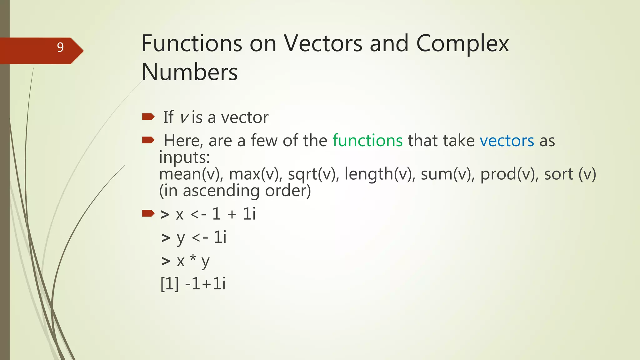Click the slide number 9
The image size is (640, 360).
[x=60, y=47]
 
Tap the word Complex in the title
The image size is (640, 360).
[x=462, y=44]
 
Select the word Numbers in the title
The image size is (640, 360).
[x=189, y=72]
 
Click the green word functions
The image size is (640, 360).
[x=367, y=140]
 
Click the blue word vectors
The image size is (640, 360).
[x=507, y=140]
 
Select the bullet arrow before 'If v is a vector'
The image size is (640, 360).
[x=148, y=117]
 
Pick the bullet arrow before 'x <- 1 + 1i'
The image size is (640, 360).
[x=148, y=213]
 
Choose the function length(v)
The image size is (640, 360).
[x=380, y=174]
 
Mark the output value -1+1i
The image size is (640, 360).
[x=205, y=284]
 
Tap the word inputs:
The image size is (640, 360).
[x=184, y=157]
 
